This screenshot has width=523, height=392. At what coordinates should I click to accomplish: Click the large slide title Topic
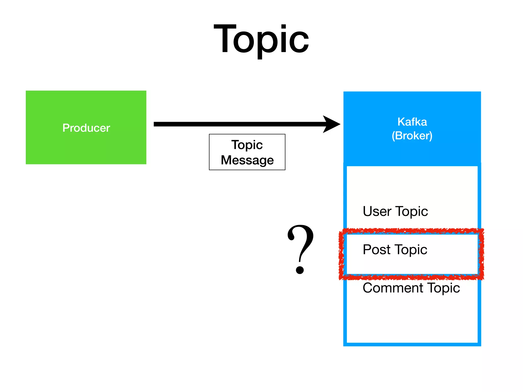click(261, 40)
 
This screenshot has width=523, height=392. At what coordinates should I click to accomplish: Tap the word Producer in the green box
click(86, 128)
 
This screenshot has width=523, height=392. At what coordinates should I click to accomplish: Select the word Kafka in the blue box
click(412, 122)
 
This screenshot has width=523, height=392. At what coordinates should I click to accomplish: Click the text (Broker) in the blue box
click(412, 136)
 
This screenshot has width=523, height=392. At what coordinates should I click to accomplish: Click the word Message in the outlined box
click(247, 160)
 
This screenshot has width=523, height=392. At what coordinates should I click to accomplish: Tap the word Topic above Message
click(247, 145)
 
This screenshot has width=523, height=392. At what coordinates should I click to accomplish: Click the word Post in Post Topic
click(376, 249)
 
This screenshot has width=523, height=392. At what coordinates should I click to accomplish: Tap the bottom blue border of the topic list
click(412, 344)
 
